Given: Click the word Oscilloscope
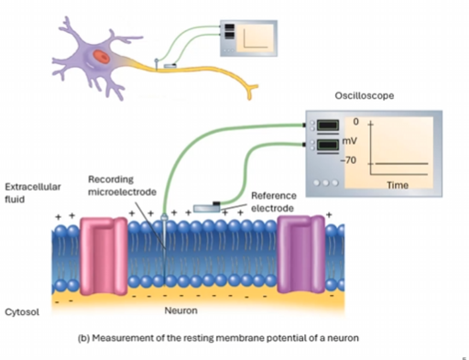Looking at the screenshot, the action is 365,95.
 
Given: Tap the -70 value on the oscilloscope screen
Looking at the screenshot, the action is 348,160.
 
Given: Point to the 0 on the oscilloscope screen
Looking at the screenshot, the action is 356,122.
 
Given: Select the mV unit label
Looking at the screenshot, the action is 350,141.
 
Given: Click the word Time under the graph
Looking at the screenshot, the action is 398,185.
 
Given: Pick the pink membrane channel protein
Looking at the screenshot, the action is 104,256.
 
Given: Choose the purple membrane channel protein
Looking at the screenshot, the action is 301,254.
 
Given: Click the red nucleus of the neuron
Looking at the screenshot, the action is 101,56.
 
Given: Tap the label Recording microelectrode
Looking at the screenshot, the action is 122,185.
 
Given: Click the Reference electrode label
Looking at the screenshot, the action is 272,202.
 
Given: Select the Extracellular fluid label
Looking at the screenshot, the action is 33,192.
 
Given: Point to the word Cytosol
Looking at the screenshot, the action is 22,312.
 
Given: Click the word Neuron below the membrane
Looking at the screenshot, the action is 180,311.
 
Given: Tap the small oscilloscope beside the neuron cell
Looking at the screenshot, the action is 248,38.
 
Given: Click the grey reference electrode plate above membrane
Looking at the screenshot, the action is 207,208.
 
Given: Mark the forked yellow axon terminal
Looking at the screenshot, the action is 251,91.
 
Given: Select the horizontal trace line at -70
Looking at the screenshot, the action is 401,164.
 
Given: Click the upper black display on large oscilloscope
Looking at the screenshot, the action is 328,125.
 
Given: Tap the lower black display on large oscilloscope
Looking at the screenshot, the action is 328,145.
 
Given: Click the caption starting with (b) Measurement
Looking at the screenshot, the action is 218,338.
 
